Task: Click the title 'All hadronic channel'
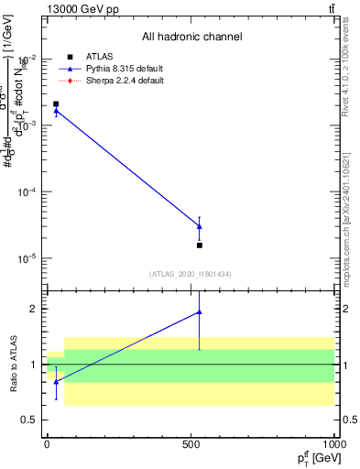[191, 38]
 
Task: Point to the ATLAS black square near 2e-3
[56, 104]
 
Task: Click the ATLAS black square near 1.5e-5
[200, 245]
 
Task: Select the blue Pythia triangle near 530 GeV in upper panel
[200, 226]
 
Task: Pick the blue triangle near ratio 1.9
[200, 312]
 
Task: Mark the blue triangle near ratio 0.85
[56, 381]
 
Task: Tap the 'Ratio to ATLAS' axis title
[13, 365]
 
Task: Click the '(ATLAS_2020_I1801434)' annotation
[191, 274]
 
